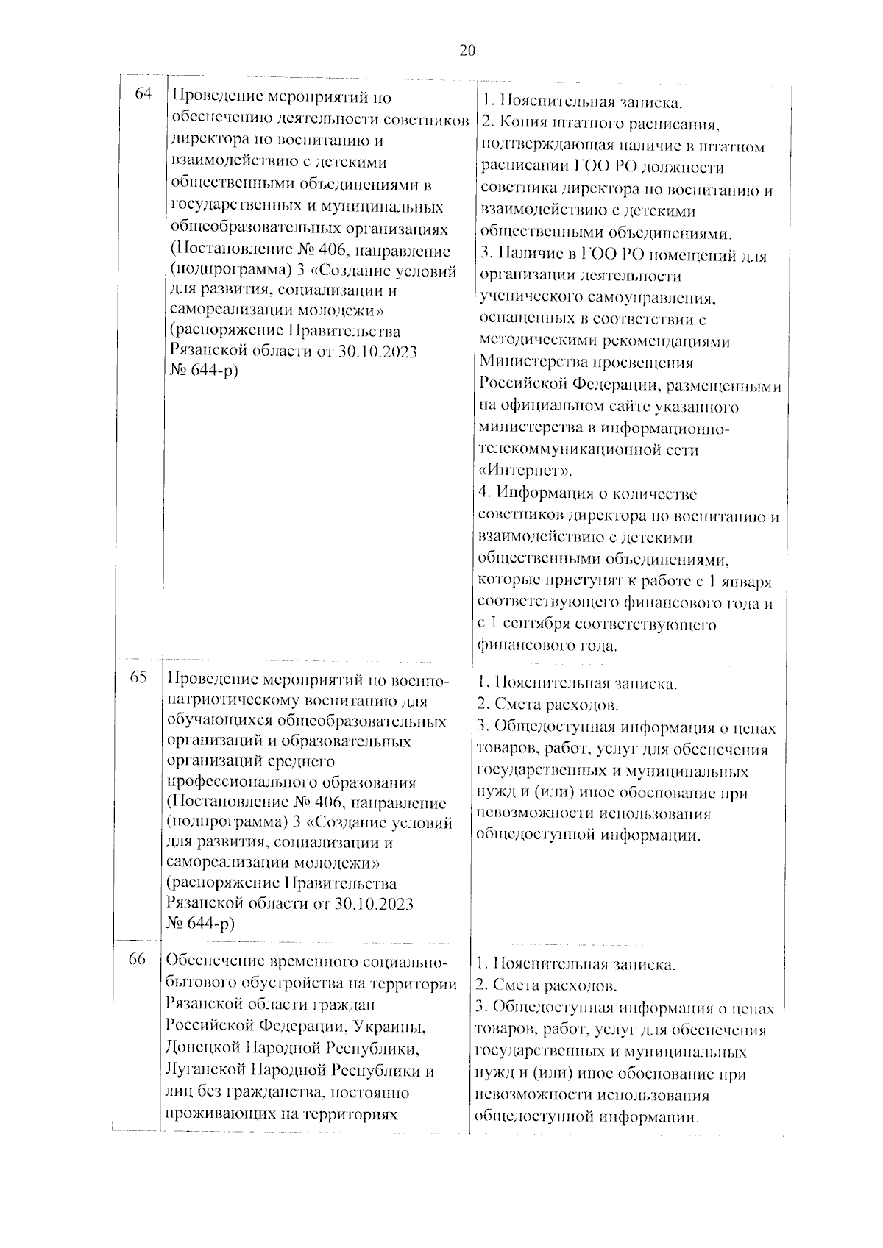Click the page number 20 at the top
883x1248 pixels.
pos(467,51)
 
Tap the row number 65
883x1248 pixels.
pos(139,678)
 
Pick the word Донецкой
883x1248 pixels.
pos(205,1049)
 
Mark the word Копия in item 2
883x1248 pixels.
pos(519,124)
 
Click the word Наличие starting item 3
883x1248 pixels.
pos(528,256)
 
